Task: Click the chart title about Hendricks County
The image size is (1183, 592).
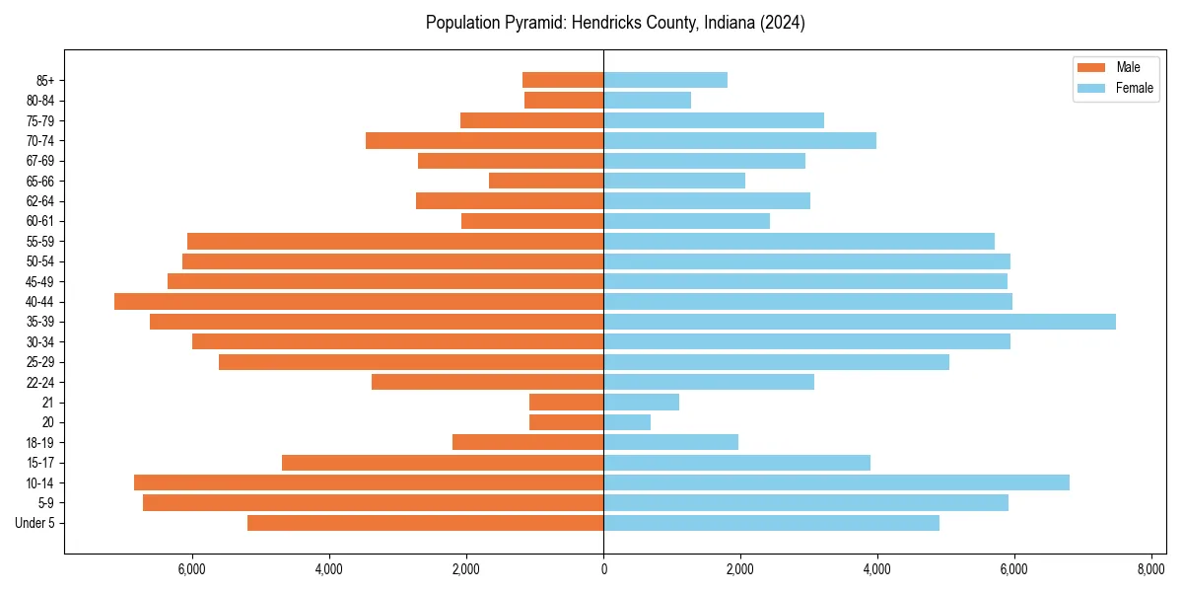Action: [615, 23]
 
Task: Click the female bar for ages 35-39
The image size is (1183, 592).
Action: [859, 322]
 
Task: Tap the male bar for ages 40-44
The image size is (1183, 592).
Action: [359, 301]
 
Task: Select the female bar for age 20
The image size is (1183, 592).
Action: [627, 422]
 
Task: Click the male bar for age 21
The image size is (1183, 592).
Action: [567, 402]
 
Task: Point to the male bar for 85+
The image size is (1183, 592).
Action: [563, 80]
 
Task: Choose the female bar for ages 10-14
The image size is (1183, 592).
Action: [836, 482]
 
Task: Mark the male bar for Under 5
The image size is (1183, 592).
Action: [425, 523]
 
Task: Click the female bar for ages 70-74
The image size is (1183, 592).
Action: [739, 140]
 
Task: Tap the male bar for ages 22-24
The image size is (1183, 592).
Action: [487, 382]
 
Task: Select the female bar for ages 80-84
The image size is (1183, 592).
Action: [647, 100]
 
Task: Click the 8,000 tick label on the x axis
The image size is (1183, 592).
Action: [1150, 569]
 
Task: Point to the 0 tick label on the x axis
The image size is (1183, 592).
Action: [603, 569]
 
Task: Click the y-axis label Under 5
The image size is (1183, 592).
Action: [35, 523]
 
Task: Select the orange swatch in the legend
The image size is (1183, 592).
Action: [1091, 67]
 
